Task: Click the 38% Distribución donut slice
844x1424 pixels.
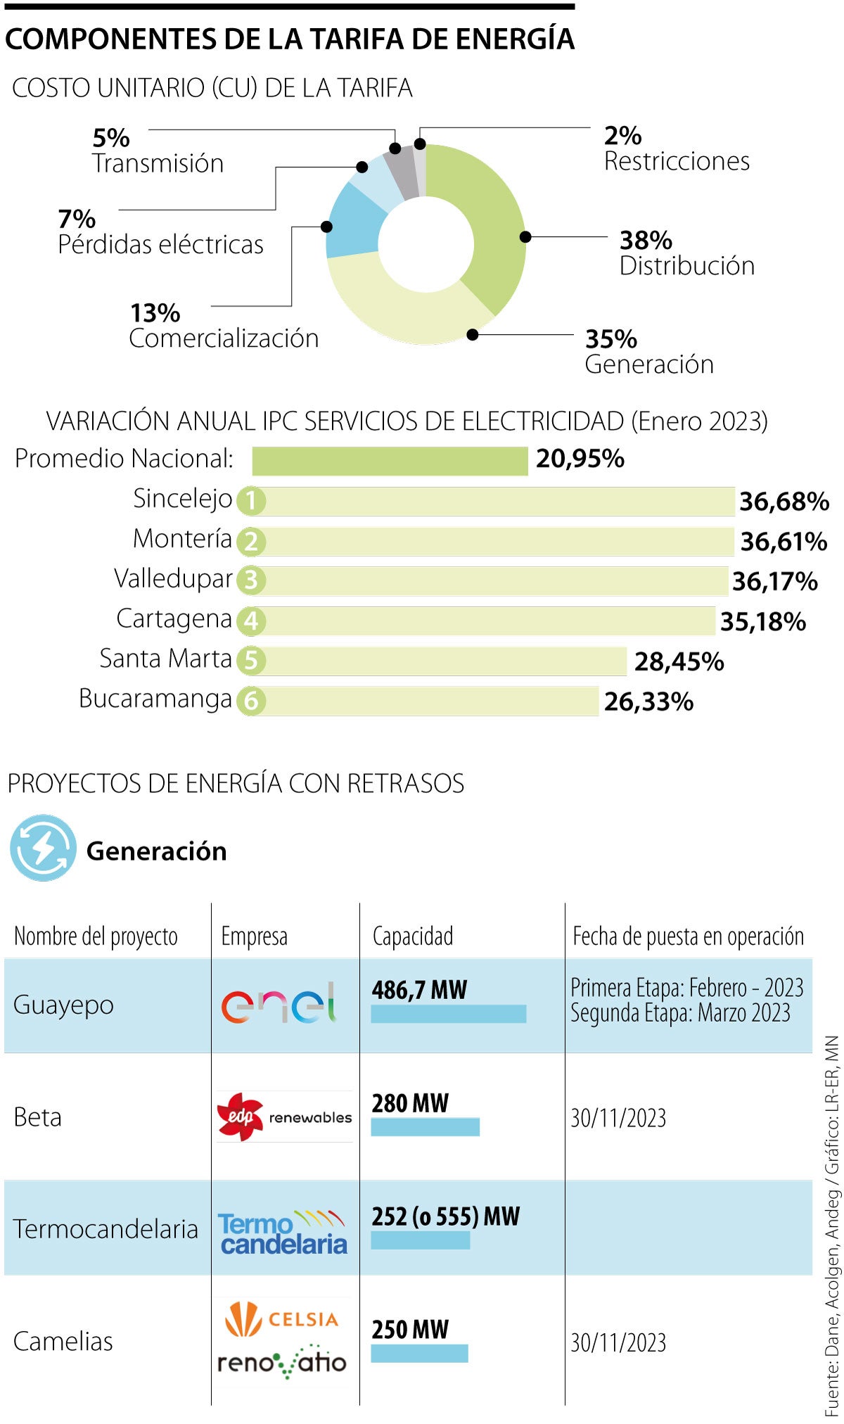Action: [x=492, y=225]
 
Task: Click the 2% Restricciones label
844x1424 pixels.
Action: [x=676, y=148]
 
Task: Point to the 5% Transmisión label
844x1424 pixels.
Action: [x=158, y=151]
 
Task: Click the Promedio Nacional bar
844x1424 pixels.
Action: [x=390, y=461]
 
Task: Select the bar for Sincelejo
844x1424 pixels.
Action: [x=492, y=501]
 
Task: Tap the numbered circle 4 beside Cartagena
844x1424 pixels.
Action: [x=251, y=621]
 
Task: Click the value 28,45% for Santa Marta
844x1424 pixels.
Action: [x=679, y=661]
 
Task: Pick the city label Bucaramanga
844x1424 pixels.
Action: [x=155, y=699]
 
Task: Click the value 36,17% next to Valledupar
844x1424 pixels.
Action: [x=774, y=581]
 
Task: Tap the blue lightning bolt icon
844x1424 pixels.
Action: [x=43, y=848]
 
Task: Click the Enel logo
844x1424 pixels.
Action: [x=279, y=1003]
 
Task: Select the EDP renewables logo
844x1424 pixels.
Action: [x=285, y=1117]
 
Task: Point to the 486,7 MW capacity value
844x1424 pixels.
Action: [x=419, y=990]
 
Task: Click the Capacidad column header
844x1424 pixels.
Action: [x=413, y=936]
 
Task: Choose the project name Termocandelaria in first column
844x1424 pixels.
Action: [x=105, y=1229]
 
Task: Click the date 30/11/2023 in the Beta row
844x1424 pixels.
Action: [x=618, y=1118]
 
